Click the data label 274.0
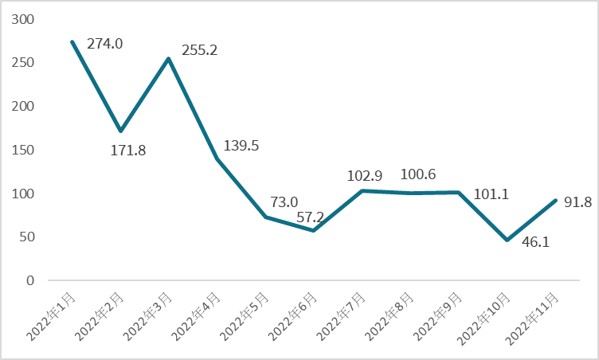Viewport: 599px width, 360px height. click(x=104, y=44)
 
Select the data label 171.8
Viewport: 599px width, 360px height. click(x=127, y=150)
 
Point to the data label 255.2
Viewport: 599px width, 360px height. click(x=199, y=50)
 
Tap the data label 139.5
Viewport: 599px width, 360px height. click(x=241, y=146)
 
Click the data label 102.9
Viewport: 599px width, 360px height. click(x=366, y=175)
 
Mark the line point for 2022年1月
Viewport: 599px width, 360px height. click(x=72, y=41)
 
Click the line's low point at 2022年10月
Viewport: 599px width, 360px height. click(x=507, y=240)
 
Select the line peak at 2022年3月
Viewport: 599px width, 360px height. click(x=169, y=58)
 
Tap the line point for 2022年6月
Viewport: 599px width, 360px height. click(x=314, y=231)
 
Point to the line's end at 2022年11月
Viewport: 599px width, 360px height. click(x=554, y=201)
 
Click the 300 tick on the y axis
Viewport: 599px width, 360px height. click(x=25, y=18)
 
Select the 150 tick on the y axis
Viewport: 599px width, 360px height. click(x=25, y=150)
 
